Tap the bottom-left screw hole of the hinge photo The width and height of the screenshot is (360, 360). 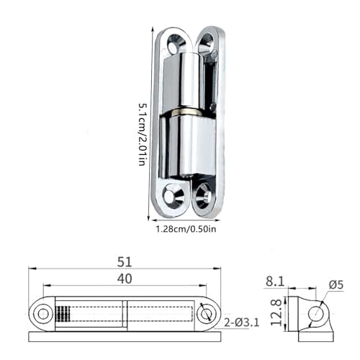[x=172, y=194]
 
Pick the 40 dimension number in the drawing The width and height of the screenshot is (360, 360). [x=125, y=279]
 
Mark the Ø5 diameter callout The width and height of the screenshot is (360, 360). [x=336, y=285]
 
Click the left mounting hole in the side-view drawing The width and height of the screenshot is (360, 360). [x=42, y=313]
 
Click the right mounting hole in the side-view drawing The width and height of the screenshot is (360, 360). [x=206, y=313]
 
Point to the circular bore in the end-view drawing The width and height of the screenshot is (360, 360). [x=315, y=312]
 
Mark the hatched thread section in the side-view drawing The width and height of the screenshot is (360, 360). [x=63, y=314]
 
